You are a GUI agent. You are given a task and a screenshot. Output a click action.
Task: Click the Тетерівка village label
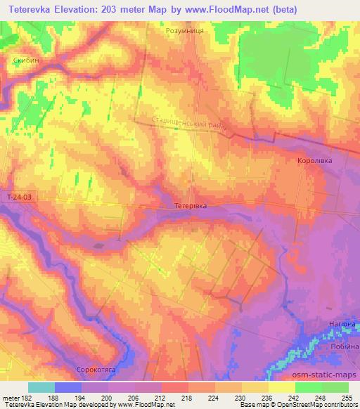190,206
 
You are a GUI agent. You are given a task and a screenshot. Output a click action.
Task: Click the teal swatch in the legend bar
41,387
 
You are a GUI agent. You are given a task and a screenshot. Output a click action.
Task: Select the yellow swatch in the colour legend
281,387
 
